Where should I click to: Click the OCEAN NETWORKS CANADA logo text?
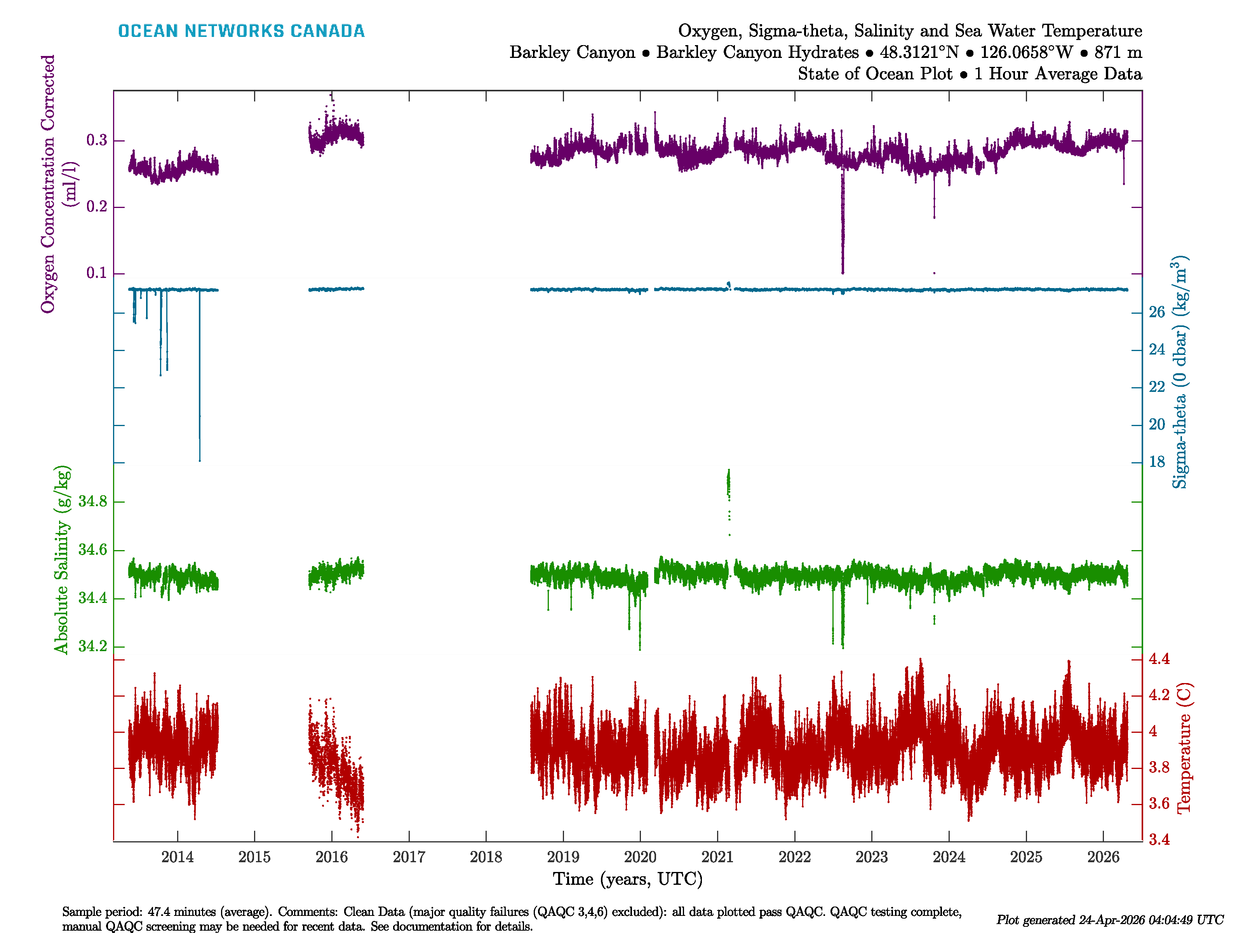(241, 31)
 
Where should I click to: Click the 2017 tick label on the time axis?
(409, 857)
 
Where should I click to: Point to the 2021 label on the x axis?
(717, 857)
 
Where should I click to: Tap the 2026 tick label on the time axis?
(1103, 857)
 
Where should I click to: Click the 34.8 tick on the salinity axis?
(93, 501)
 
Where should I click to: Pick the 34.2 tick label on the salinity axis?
(93, 646)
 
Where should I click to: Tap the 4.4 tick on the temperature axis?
(1159, 659)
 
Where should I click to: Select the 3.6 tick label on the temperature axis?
(1159, 804)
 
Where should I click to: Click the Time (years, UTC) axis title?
(628, 879)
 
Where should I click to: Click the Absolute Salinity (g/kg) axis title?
(62, 559)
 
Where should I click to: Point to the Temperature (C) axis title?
(1184, 748)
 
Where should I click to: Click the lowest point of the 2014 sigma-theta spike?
(200, 460)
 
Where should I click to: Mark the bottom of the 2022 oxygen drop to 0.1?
(843, 272)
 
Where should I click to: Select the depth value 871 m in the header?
(1118, 52)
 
